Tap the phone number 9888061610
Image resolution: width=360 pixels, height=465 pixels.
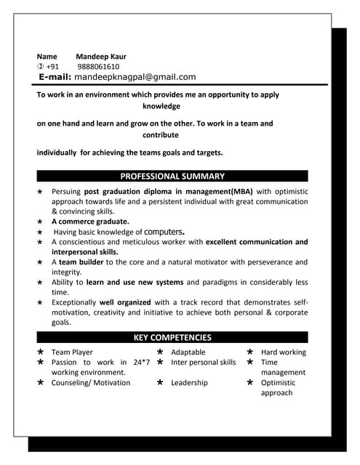coord(97,66)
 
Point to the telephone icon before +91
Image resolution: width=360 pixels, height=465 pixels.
coord(41,66)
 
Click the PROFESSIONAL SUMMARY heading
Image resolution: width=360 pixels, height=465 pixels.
coord(172,176)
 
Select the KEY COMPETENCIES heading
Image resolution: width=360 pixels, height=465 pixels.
coord(172,337)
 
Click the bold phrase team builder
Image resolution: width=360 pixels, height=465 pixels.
coord(81,262)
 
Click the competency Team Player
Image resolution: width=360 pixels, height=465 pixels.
coord(72,352)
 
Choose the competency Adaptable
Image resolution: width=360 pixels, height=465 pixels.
coord(188,352)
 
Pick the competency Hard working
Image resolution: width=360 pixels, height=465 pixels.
coord(283,352)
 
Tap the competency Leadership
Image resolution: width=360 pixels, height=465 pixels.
coord(189,382)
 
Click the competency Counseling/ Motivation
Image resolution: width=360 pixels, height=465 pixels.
coord(91,382)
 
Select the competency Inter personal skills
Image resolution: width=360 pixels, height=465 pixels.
coord(203,362)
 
